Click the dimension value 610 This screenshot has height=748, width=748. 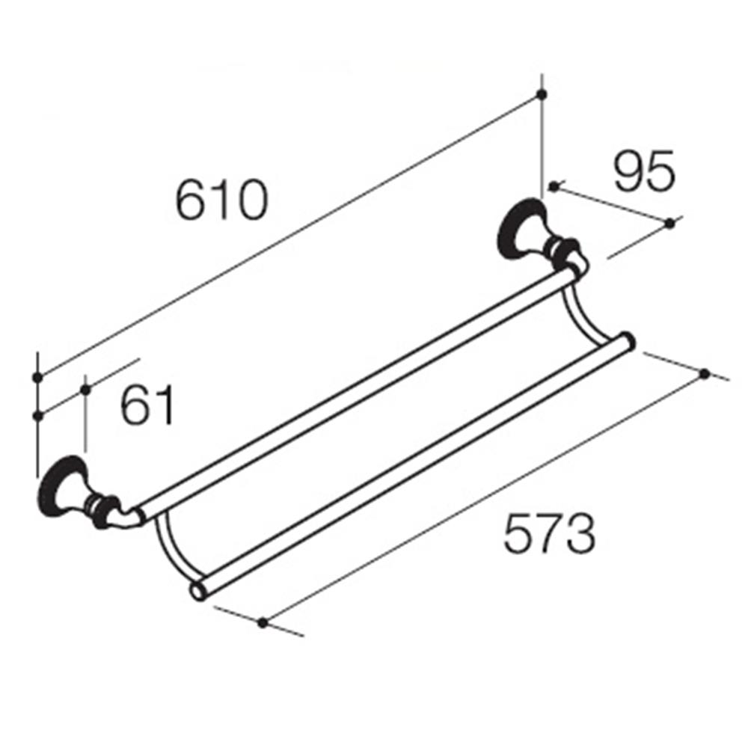click(221, 199)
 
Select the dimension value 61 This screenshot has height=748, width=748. click(147, 406)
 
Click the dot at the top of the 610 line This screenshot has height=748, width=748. click(542, 94)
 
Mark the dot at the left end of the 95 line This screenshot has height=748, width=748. click(554, 186)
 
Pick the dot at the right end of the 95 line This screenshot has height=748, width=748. click(669, 224)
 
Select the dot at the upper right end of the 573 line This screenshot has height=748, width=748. click(705, 373)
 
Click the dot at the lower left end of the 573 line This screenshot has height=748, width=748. click(262, 622)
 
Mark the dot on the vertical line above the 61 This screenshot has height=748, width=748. click(85, 389)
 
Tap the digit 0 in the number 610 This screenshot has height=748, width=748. click(251, 199)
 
